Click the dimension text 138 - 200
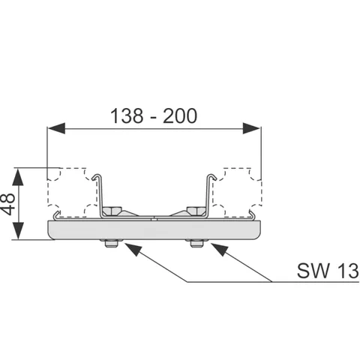point(154,116)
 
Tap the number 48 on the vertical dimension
point(7,204)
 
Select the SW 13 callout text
point(328,271)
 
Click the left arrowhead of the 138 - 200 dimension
point(57,128)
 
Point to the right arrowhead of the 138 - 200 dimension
point(251,128)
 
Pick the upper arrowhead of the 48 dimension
point(18,177)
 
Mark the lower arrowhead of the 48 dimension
point(18,230)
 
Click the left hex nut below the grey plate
point(111,243)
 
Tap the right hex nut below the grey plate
point(196,243)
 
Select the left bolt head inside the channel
point(112,211)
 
